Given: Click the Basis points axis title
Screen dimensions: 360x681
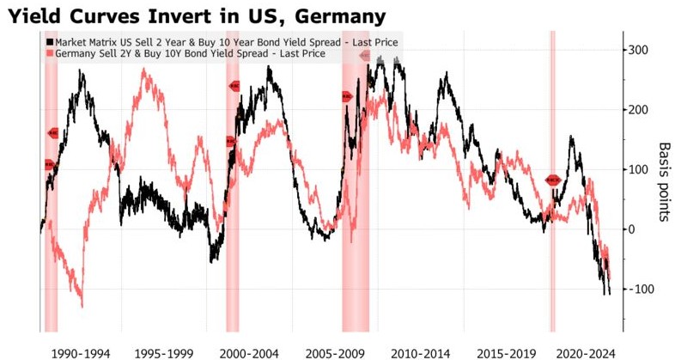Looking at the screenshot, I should click(664, 181).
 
